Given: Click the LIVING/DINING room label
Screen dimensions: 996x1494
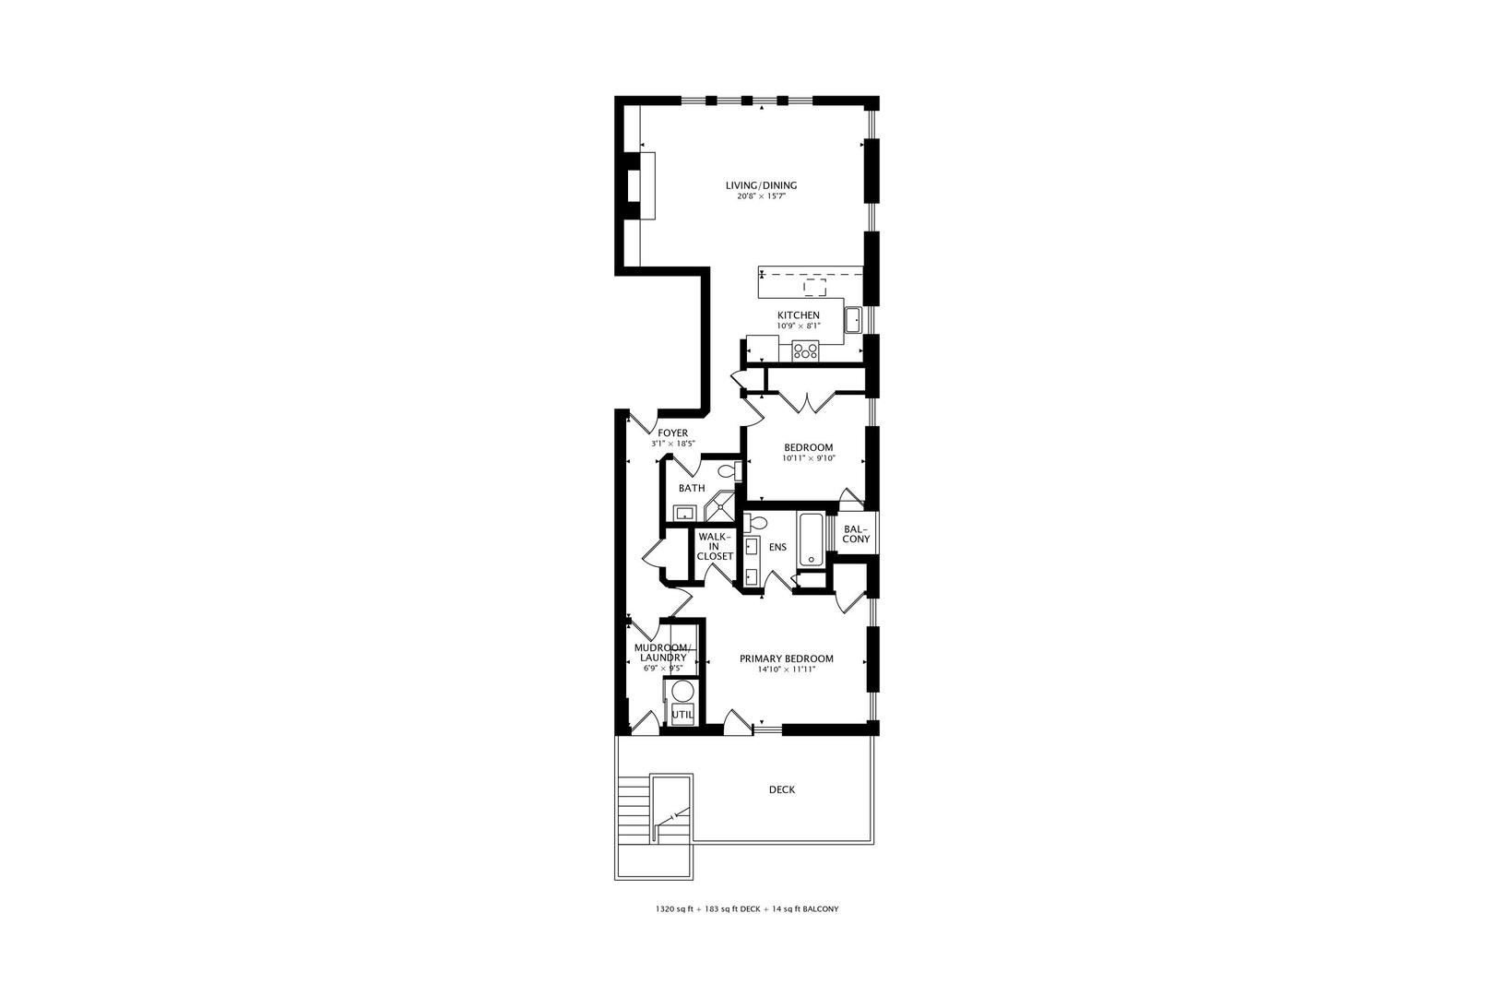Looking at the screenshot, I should [761, 185].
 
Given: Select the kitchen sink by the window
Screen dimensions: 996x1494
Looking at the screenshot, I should [854, 319].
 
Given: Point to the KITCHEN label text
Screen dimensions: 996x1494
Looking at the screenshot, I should [798, 315].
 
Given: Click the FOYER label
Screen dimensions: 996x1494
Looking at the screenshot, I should [672, 433].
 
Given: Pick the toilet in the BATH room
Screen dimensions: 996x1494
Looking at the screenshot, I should [728, 472].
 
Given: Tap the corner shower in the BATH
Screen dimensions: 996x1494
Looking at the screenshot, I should [719, 507].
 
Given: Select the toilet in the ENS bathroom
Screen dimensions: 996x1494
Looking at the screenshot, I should [756, 523].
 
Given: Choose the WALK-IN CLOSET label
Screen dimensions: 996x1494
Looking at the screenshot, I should [715, 546].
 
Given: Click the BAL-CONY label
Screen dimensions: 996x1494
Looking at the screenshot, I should [856, 533].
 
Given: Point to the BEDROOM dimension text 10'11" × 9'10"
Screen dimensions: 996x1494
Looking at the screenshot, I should [808, 458].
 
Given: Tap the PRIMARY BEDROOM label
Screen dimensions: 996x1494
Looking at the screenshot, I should [787, 658].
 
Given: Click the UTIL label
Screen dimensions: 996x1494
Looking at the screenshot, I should [682, 714].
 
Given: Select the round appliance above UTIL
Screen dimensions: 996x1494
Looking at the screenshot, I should [682, 691].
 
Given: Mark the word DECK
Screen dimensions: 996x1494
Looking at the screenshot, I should [782, 789].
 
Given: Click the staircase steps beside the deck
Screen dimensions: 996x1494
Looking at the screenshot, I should [634, 809].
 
